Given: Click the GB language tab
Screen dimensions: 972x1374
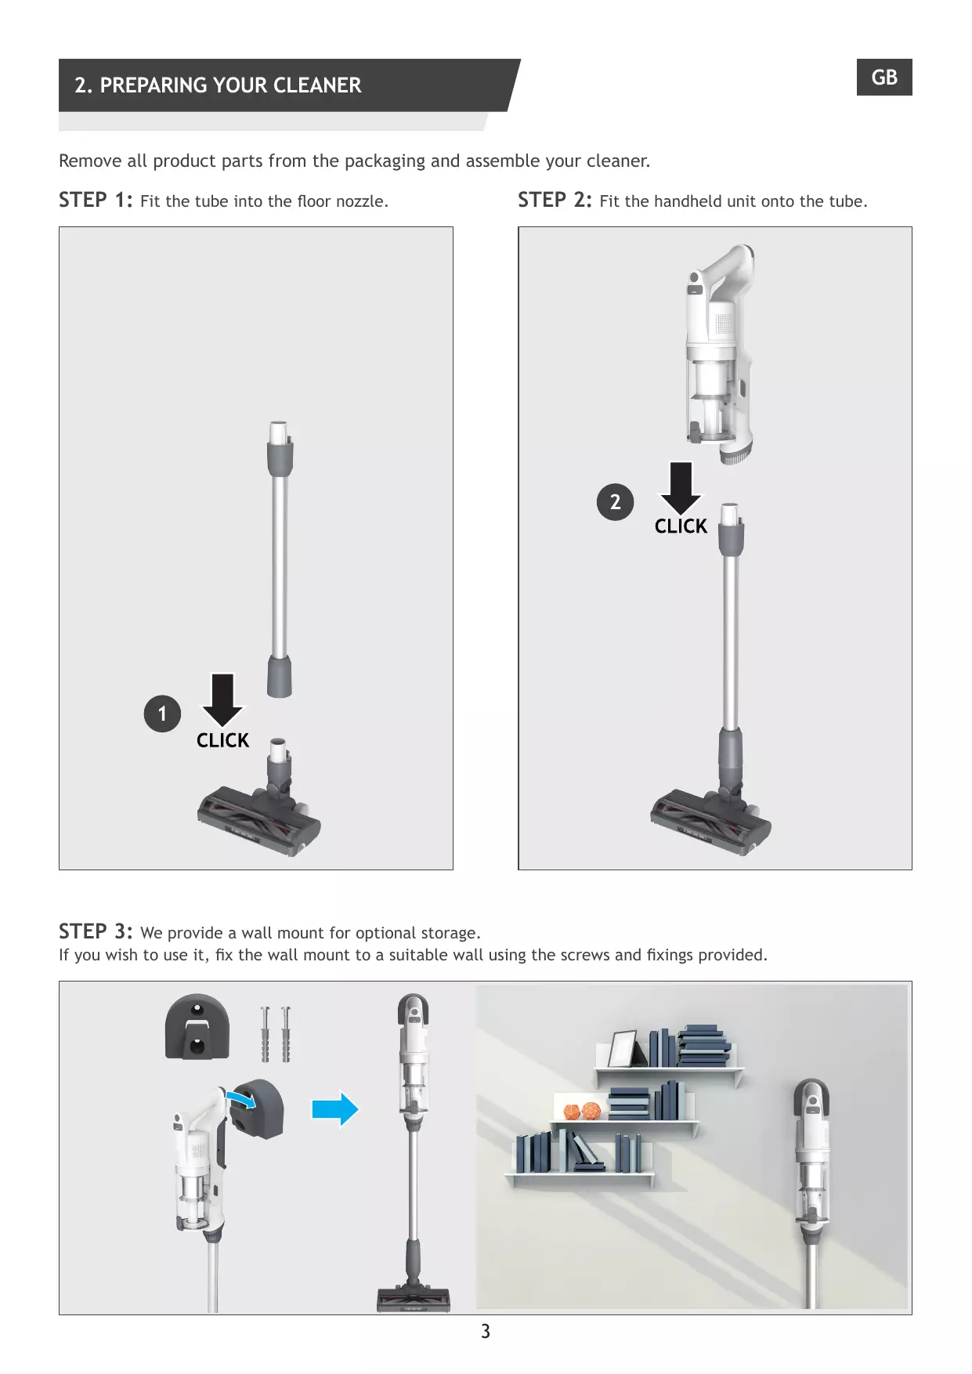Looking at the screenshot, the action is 884,77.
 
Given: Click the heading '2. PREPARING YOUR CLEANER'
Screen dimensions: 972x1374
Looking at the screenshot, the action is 218,85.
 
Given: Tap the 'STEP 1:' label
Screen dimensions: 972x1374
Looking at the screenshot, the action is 96,200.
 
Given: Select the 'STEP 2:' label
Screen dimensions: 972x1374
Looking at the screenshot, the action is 555,200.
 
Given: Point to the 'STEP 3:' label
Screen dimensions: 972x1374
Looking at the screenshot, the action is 96,931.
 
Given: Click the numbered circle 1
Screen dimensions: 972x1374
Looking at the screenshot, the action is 162,714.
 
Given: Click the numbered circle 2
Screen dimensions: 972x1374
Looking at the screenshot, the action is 615,502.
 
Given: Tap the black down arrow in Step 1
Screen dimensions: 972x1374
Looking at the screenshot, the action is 223,699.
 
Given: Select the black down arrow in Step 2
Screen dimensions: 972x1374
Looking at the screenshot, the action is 681,487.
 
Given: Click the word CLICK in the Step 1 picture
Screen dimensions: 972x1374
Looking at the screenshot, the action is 222,740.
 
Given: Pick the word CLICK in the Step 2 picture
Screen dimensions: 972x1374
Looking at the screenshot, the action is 681,526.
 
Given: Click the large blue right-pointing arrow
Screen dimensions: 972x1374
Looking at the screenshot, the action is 335,1109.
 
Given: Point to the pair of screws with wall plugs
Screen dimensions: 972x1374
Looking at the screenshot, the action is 275,1033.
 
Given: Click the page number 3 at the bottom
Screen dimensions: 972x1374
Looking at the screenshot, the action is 486,1331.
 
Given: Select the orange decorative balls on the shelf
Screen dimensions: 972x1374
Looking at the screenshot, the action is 582,1111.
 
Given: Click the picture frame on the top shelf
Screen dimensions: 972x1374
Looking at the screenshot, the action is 624,1048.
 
